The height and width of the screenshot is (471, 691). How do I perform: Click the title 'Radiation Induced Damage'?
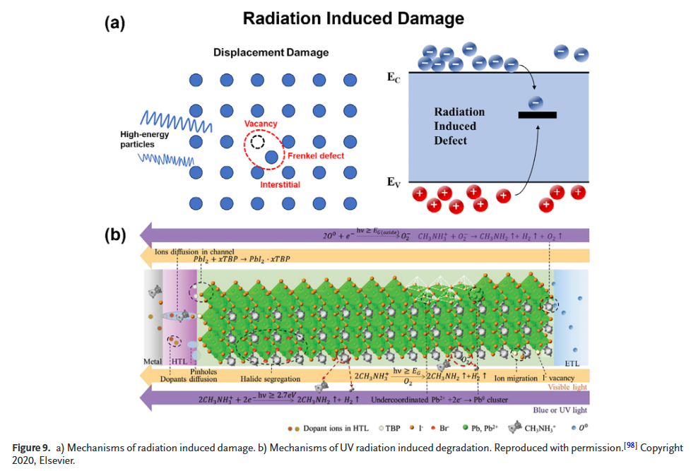tap(353, 18)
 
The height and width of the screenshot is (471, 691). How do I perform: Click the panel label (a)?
tap(114, 23)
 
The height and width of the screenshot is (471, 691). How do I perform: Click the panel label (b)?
tap(114, 235)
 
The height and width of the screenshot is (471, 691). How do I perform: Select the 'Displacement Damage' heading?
tap(271, 52)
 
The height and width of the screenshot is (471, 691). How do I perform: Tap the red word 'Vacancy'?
tap(261, 124)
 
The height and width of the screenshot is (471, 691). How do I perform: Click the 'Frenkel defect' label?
tap(316, 155)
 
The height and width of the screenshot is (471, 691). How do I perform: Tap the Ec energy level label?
tap(394, 78)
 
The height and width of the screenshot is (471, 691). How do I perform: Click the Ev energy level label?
tap(394, 182)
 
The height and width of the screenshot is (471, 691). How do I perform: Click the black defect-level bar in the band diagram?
tap(537, 114)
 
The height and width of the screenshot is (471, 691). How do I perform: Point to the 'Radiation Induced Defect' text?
tap(459, 126)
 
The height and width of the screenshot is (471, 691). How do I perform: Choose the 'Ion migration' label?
tap(515, 378)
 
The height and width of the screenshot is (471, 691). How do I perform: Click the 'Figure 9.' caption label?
tap(31, 448)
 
